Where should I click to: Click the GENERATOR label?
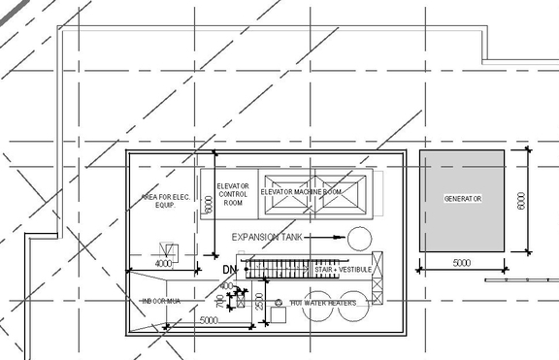click(x=463, y=199)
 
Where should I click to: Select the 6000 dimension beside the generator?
click(x=521, y=200)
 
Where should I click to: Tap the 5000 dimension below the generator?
click(x=461, y=263)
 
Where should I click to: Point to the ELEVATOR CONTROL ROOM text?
click(x=233, y=194)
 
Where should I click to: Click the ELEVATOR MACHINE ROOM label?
click(x=302, y=192)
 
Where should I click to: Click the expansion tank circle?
click(x=360, y=238)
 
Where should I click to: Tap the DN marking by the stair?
click(x=230, y=269)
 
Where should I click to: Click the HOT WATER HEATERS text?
click(x=324, y=303)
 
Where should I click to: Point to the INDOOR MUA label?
click(x=161, y=301)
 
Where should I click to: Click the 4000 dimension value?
click(x=163, y=263)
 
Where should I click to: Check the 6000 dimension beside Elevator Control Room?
click(x=207, y=207)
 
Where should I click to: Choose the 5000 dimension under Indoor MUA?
click(x=209, y=319)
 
